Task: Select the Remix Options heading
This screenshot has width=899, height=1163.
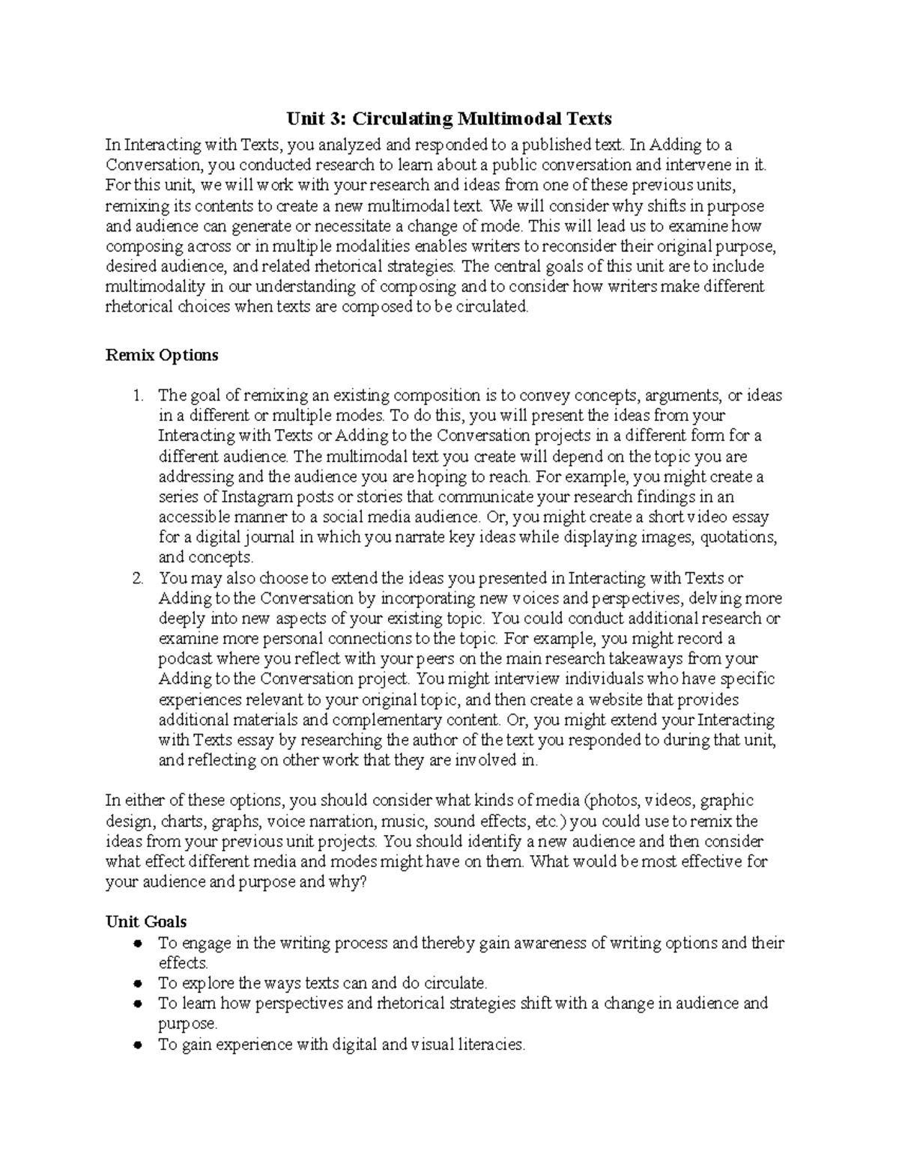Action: [162, 355]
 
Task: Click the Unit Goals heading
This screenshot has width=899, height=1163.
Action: [146, 922]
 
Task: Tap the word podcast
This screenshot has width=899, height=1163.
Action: [186, 659]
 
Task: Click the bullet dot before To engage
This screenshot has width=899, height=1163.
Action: [137, 944]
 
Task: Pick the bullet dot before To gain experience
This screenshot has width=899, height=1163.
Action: [137, 1045]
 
